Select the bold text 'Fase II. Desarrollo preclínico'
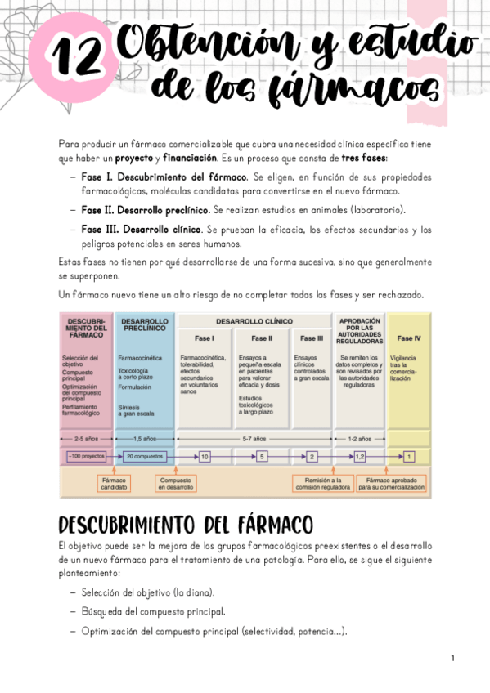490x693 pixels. click(145, 210)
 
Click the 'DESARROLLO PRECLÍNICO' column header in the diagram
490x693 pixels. click(145, 325)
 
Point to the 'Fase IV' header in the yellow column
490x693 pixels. click(409, 338)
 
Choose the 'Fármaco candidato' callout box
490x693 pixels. click(115, 483)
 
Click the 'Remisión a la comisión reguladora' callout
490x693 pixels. click(323, 483)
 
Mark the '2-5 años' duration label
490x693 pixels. click(87, 439)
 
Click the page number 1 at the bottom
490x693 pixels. click(452, 658)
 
